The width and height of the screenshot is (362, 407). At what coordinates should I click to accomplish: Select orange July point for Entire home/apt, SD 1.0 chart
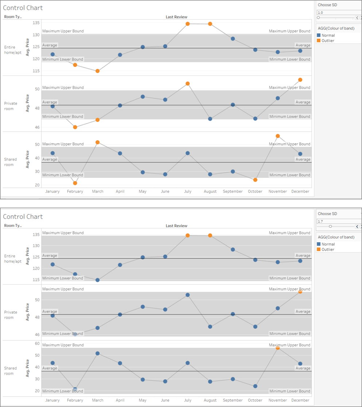[188, 24]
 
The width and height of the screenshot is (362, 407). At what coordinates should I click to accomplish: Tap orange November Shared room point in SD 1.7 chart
[278, 348]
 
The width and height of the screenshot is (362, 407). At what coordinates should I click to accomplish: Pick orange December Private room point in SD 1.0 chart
[300, 80]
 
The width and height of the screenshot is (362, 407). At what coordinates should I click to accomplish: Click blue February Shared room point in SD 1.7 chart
[75, 389]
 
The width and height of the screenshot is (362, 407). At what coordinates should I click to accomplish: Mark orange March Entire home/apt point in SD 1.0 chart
[97, 71]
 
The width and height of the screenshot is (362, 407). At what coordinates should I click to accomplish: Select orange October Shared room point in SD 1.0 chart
[255, 180]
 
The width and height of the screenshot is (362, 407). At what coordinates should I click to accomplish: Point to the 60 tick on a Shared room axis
[37, 344]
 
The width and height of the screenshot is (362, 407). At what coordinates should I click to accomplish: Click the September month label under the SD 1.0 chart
[233, 191]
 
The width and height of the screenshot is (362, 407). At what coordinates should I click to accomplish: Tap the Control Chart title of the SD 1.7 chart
[23, 216]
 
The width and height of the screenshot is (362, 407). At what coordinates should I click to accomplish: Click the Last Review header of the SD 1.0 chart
[176, 17]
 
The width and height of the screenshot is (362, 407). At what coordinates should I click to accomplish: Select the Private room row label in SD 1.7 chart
[11, 315]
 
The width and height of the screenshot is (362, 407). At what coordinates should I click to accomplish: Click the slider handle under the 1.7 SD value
[330, 226]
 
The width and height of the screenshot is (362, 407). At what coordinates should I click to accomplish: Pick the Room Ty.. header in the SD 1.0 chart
[13, 17]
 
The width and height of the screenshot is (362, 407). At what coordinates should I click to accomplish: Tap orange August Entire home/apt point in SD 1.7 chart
[210, 235]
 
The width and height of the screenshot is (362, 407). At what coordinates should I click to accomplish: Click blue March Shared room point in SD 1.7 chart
[97, 353]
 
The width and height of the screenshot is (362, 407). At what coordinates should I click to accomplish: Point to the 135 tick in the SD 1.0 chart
[36, 23]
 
